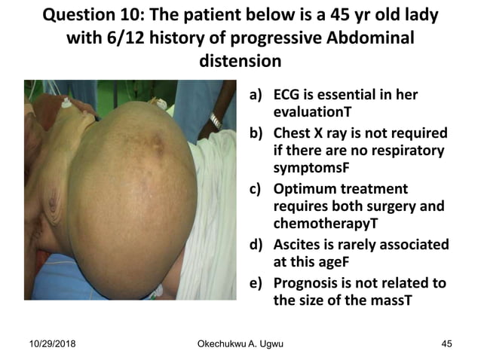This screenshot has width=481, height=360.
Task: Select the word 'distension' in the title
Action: click(240, 59)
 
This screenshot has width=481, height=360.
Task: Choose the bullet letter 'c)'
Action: click(258, 189)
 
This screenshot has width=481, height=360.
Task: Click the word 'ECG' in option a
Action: click(290, 96)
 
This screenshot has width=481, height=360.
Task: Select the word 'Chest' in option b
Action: click(297, 133)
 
